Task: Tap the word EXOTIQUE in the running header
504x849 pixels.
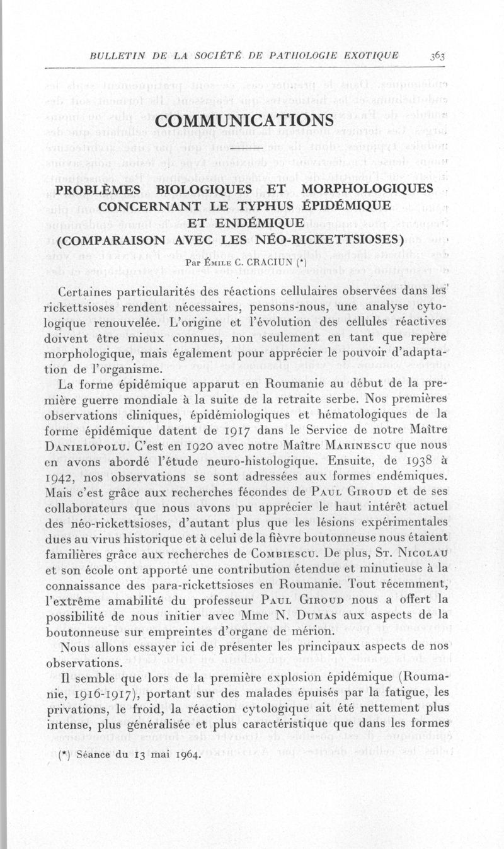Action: click(x=370, y=55)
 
